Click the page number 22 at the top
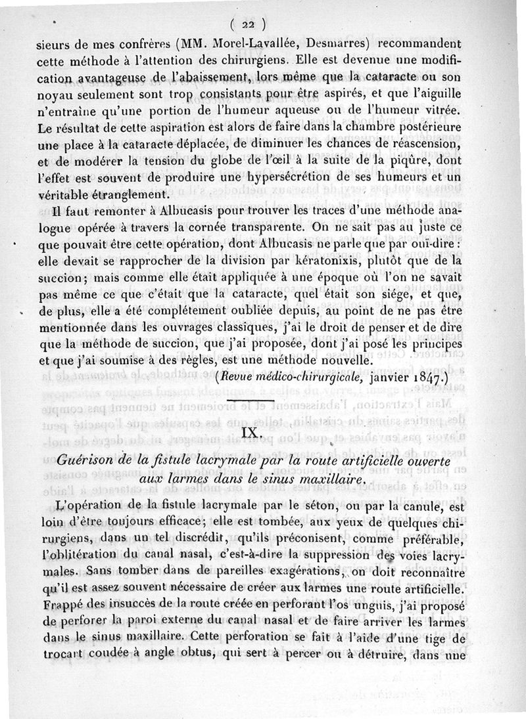(x=247, y=25)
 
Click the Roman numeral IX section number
(x=252, y=433)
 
